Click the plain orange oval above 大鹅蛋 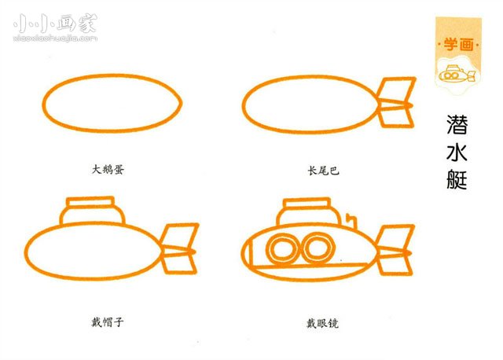tap(112, 103)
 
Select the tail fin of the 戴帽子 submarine tap(178, 248)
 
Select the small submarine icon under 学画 tap(456, 75)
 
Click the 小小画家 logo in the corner tap(55, 27)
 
